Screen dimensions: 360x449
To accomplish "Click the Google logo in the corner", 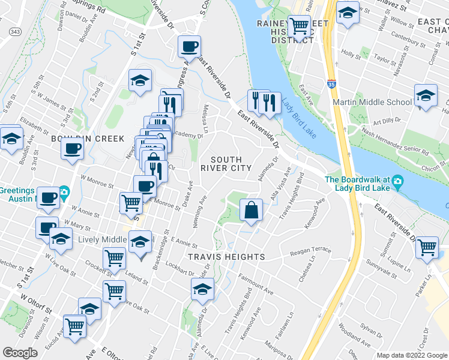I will coord(20,353).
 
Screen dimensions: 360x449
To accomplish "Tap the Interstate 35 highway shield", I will coord(332,85).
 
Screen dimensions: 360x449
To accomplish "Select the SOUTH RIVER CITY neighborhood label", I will coord(226,164).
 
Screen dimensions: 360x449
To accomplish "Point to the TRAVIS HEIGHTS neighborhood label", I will coord(226,257).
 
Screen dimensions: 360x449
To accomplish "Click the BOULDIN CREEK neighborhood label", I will coord(41,139).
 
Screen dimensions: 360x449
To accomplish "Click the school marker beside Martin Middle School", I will coord(426,96).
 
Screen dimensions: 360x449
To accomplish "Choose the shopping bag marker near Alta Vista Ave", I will coord(252,211).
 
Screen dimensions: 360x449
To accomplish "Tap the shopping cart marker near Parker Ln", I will coord(427,247).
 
